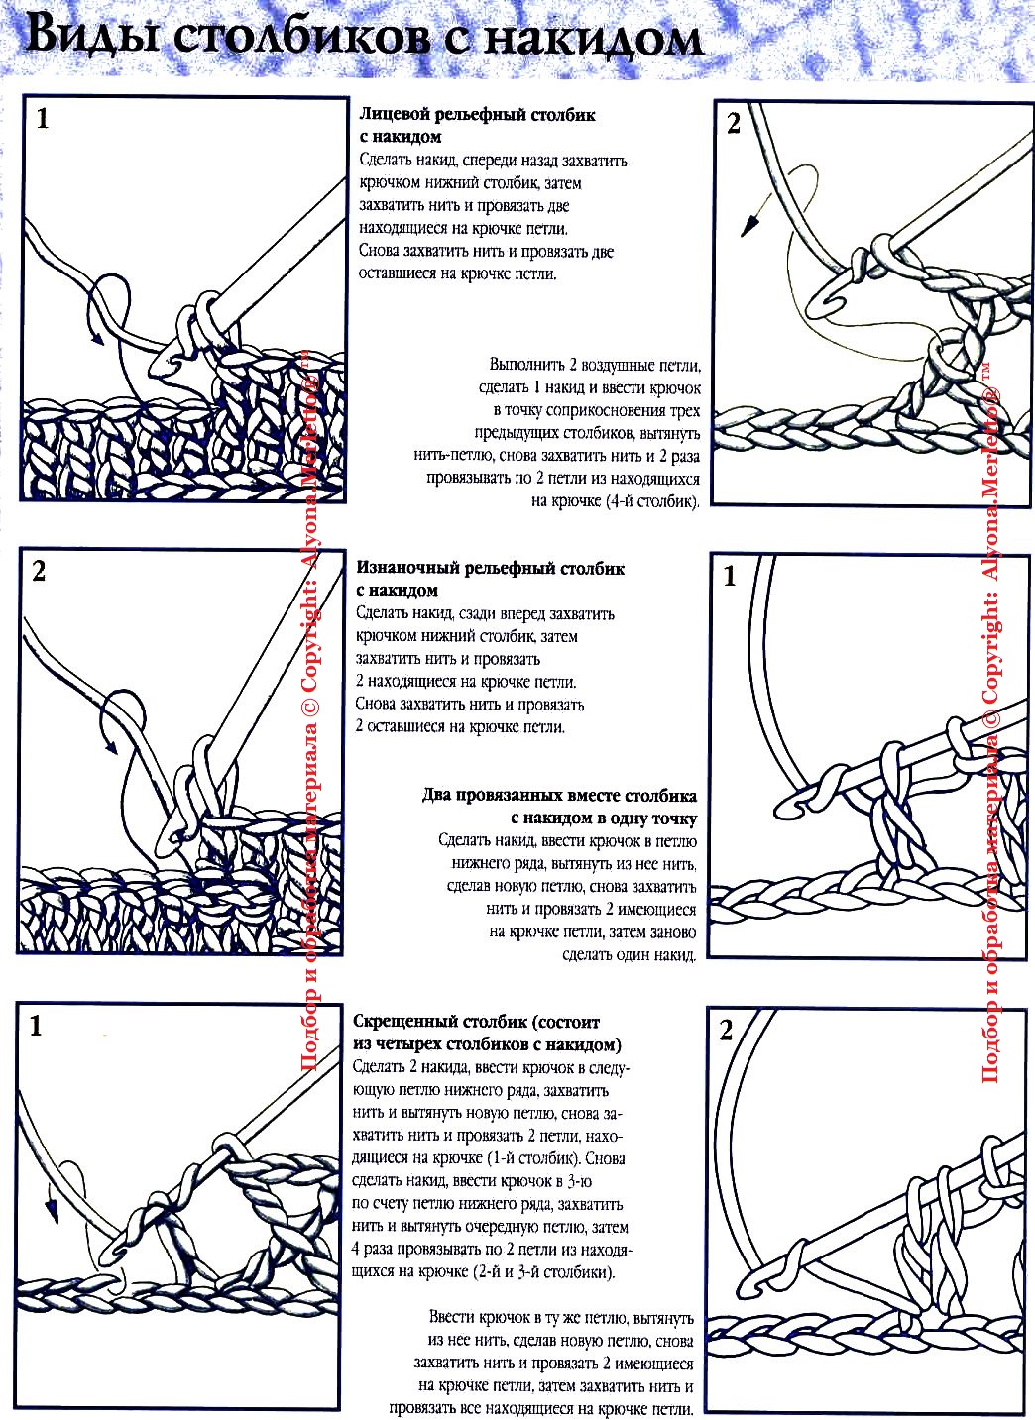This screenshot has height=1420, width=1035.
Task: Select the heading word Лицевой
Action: click(x=395, y=115)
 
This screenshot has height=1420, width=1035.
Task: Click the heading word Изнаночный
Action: click(x=406, y=568)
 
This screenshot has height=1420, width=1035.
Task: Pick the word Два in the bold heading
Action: click(x=436, y=796)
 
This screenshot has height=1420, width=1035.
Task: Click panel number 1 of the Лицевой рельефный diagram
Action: click(x=42, y=119)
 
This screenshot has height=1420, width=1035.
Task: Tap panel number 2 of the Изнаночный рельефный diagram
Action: click(x=39, y=572)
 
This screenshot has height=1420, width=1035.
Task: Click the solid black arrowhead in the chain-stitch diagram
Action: click(x=750, y=225)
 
